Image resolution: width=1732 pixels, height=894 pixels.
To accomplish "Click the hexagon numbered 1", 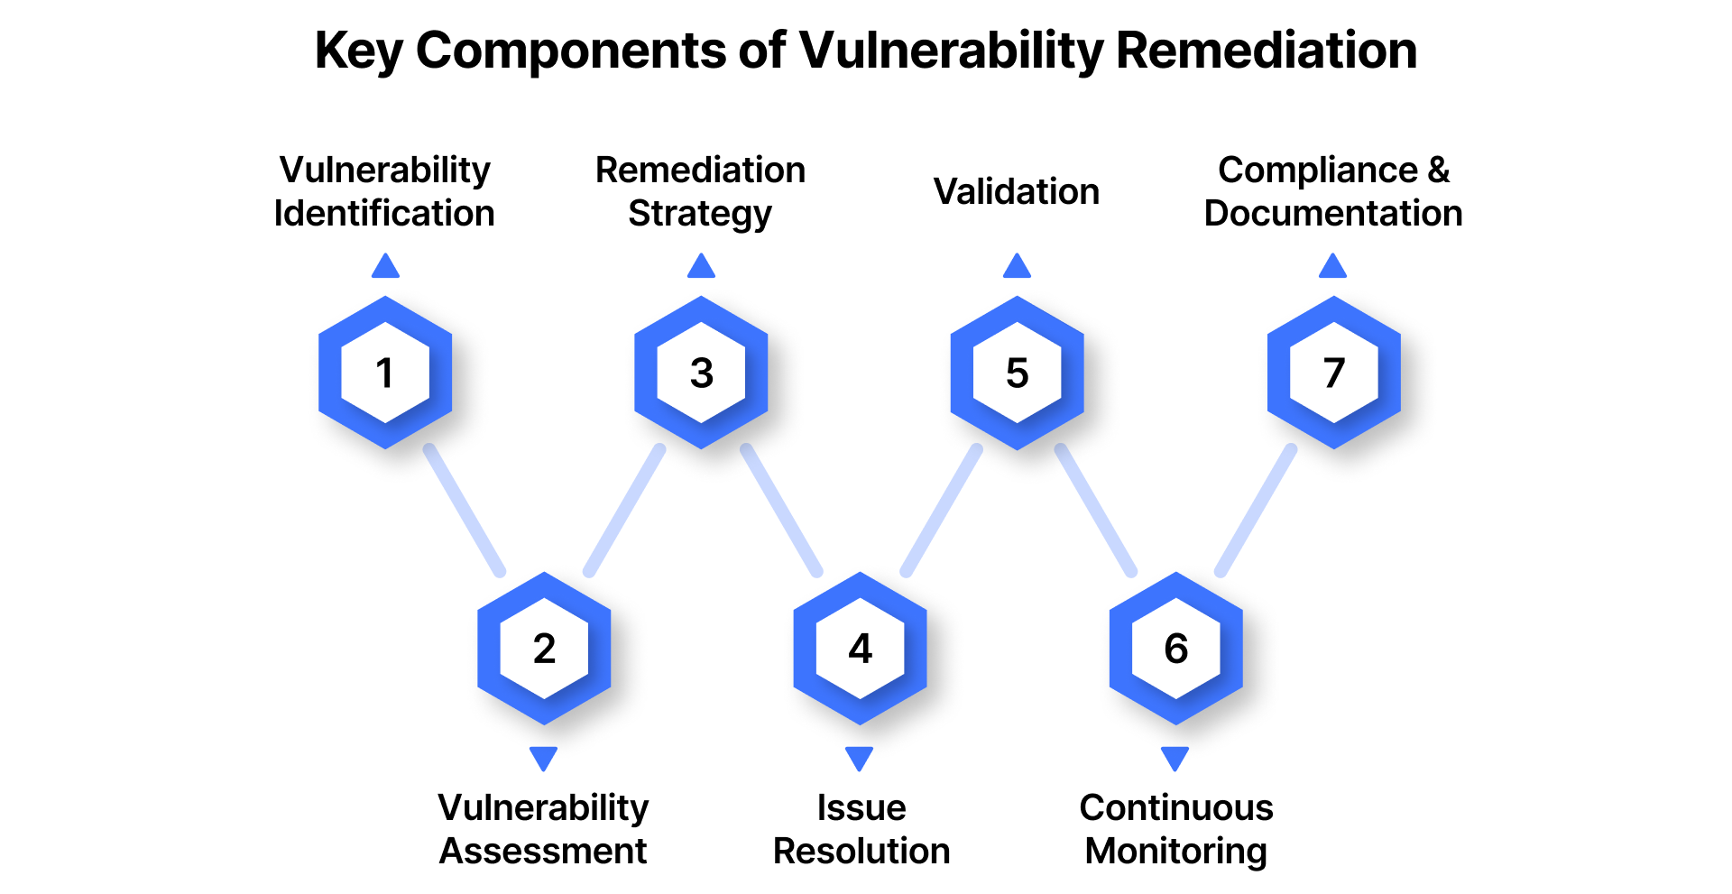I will click(385, 373).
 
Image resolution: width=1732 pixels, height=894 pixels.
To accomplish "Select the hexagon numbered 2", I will click(544, 648).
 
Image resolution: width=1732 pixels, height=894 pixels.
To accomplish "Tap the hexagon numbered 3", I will click(701, 373).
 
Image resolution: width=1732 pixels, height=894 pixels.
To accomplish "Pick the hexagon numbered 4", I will click(860, 648).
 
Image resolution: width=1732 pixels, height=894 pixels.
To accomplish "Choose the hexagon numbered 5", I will click(1017, 373).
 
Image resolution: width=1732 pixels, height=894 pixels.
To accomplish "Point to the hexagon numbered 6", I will click(1175, 648).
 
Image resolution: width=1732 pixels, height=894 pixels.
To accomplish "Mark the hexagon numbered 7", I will click(1333, 373).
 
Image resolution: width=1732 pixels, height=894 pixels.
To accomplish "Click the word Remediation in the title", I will click(1267, 51).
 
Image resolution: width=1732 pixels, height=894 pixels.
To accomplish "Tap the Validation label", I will click(1017, 191).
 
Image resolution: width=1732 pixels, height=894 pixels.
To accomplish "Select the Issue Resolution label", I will click(861, 829).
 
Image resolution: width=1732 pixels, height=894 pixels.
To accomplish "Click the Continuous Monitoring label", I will click(1176, 829).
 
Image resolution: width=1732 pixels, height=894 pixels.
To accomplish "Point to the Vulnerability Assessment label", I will click(543, 829).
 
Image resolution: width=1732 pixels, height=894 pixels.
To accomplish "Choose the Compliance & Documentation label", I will click(1333, 191).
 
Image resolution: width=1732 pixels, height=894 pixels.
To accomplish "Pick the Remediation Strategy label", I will click(701, 191).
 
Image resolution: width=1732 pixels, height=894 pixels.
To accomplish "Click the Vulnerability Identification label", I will click(385, 191).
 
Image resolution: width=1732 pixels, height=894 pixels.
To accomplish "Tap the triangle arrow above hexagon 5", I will click(1017, 266).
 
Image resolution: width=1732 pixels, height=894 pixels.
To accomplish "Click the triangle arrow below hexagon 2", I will click(543, 758).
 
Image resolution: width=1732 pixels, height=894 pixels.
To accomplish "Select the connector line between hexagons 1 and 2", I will click(465, 511).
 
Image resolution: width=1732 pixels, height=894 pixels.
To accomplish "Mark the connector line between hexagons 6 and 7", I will click(1256, 511).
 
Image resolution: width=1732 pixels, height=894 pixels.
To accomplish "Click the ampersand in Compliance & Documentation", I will click(1438, 170).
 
